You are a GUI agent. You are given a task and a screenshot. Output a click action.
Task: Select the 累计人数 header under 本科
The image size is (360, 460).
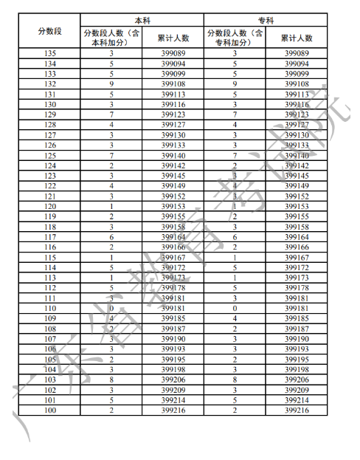pyautogui.click(x=173, y=38)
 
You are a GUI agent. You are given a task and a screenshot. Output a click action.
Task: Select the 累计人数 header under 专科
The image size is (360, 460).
pyautogui.click(x=297, y=38)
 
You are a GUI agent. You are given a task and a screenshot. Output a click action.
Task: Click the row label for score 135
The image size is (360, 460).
pyautogui.click(x=49, y=54)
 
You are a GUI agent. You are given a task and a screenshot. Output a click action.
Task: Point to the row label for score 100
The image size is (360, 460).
pyautogui.click(x=49, y=409)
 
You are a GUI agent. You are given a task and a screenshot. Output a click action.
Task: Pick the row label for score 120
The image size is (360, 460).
pyautogui.click(x=49, y=206)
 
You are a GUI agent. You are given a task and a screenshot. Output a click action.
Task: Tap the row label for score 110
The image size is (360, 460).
pyautogui.click(x=49, y=307)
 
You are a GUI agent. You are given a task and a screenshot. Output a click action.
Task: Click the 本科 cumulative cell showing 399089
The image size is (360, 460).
pyautogui.click(x=173, y=54)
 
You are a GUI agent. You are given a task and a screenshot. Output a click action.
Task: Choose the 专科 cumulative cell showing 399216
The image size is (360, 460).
pyautogui.click(x=297, y=409)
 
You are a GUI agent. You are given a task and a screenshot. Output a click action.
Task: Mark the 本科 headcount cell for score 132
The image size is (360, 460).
pyautogui.click(x=111, y=84)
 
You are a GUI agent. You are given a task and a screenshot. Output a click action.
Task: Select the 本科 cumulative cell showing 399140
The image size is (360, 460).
pyautogui.click(x=173, y=155)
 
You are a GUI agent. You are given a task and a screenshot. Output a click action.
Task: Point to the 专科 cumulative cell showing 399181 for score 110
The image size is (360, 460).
pyautogui.click(x=297, y=307)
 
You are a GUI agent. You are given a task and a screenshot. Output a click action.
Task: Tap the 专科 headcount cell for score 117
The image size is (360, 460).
pyautogui.click(x=235, y=236)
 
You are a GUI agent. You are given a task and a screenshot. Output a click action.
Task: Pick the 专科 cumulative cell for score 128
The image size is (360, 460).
pyautogui.click(x=297, y=125)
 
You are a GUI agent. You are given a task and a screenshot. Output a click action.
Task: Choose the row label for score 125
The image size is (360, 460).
pyautogui.click(x=49, y=155)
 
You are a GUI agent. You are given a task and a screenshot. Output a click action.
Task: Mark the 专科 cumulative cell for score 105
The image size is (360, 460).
pyautogui.click(x=297, y=358)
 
